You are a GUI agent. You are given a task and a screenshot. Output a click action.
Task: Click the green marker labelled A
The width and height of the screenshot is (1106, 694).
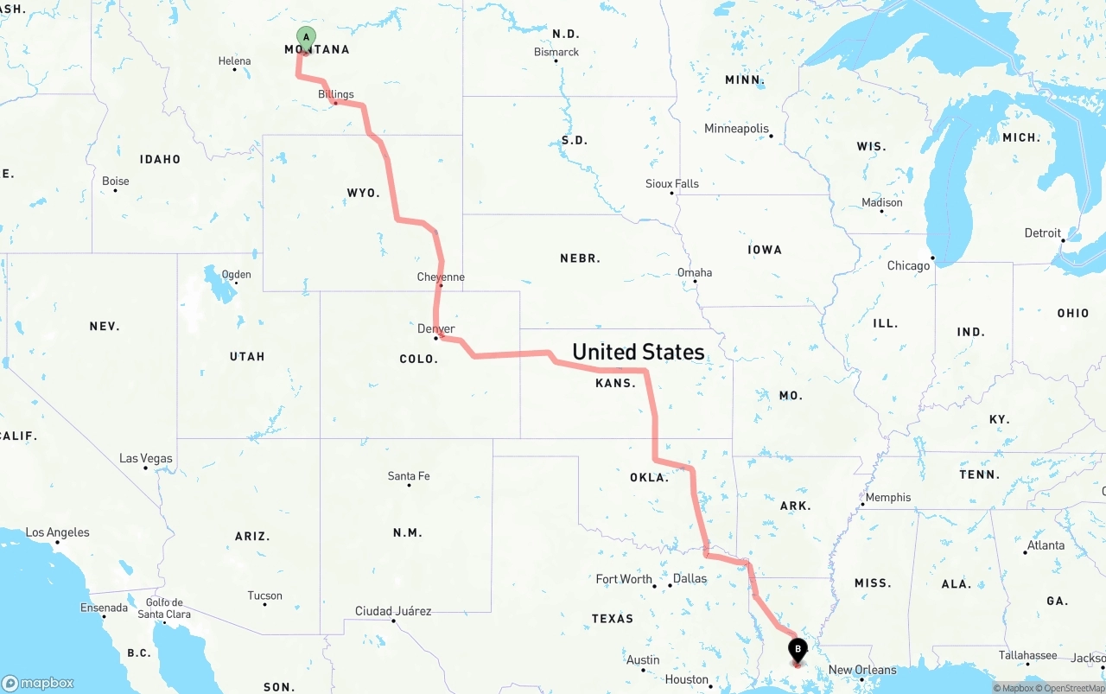point(306,38)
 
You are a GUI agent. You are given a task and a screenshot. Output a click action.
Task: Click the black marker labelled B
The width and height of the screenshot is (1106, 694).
point(797,649)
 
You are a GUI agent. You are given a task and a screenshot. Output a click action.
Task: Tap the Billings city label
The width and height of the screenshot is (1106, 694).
point(336,94)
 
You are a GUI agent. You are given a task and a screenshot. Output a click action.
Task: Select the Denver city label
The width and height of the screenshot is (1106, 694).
point(435,328)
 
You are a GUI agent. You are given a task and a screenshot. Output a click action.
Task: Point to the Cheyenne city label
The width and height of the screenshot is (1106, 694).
point(441,277)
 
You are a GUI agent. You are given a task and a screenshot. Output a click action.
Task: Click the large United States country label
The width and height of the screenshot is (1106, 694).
point(638,352)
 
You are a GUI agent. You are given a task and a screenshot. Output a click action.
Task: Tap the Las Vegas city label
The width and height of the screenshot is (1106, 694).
point(146,458)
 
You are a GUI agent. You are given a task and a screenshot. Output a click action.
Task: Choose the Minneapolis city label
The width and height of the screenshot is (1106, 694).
point(736,129)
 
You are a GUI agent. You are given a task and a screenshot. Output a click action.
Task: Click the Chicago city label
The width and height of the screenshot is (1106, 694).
point(908,265)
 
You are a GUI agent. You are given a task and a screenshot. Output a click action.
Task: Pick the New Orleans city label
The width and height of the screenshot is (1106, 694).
point(862,670)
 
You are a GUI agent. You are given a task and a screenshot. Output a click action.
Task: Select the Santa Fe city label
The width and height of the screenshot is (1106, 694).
point(409,476)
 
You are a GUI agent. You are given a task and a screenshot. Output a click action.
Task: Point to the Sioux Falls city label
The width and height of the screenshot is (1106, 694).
point(672,184)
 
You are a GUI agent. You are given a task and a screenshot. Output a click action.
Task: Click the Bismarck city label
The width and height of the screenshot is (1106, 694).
point(556,52)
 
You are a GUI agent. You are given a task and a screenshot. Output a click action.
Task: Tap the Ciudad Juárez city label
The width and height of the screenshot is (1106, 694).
point(393,611)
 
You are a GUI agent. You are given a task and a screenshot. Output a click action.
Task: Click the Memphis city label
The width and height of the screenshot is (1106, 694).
point(887,497)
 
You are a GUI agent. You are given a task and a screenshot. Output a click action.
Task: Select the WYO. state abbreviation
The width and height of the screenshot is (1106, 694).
point(363,193)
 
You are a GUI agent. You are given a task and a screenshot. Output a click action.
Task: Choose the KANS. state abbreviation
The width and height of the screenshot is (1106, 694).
point(615,382)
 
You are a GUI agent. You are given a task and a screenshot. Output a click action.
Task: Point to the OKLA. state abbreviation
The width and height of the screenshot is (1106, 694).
point(648,477)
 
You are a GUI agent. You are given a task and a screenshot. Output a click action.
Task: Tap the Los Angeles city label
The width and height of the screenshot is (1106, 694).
point(57,532)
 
